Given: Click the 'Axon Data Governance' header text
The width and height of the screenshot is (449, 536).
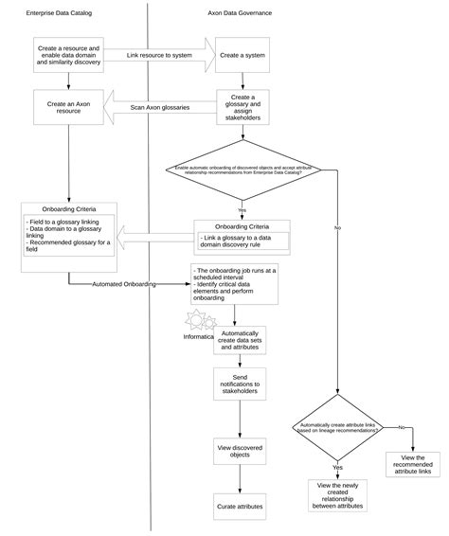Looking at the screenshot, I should (x=242, y=13).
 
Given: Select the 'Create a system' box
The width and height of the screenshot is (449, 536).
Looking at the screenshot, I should (x=242, y=55).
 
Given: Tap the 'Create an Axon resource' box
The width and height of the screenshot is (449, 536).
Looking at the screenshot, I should (x=68, y=107).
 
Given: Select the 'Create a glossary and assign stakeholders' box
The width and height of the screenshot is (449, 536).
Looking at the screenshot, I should (x=242, y=108).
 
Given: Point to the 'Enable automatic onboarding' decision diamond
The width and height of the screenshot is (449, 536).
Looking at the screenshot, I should (x=242, y=170).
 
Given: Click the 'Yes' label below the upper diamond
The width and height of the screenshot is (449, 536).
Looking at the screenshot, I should (x=242, y=209).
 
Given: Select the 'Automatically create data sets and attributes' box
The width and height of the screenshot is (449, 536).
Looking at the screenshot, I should (x=242, y=341).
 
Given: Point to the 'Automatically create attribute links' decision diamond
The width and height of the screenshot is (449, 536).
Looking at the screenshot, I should (x=338, y=429).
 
